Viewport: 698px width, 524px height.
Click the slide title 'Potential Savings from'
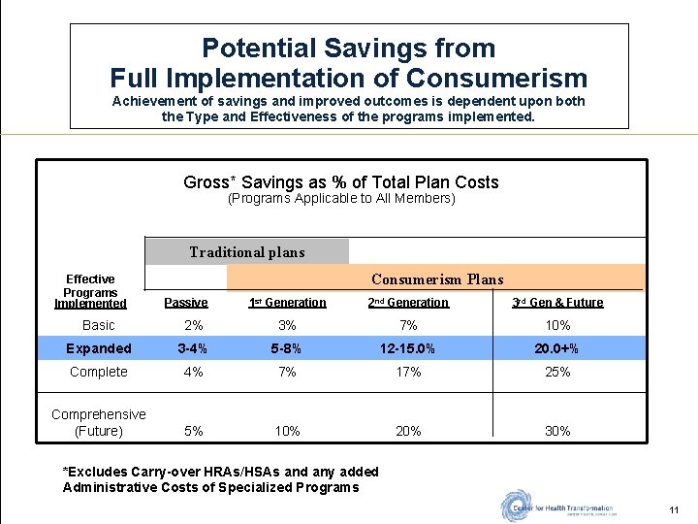(x=348, y=49)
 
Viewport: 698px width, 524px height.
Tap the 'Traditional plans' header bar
(x=246, y=252)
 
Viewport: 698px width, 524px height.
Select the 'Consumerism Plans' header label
(x=436, y=279)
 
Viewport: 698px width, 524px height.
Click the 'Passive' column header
(x=186, y=303)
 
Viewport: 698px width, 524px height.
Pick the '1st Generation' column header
(x=287, y=303)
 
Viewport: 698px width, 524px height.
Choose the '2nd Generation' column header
(x=408, y=303)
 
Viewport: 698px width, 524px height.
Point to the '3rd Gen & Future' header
(x=557, y=303)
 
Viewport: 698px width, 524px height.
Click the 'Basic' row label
(x=98, y=325)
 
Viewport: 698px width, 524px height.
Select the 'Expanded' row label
(x=98, y=348)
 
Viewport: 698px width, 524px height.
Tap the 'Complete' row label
(x=98, y=372)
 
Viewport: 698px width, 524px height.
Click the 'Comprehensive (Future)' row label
(x=98, y=422)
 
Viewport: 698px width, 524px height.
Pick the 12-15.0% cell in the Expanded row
(x=408, y=348)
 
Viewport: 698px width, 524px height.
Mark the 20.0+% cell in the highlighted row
(x=557, y=348)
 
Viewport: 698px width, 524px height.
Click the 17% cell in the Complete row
(x=408, y=372)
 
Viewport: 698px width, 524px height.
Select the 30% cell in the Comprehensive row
(x=557, y=431)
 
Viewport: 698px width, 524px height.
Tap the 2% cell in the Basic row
(x=194, y=325)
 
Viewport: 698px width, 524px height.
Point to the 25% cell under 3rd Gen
(x=557, y=372)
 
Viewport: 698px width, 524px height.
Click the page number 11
(x=674, y=510)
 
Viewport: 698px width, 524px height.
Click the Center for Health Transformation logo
(x=557, y=507)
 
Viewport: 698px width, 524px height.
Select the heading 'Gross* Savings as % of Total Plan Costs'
(x=340, y=182)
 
